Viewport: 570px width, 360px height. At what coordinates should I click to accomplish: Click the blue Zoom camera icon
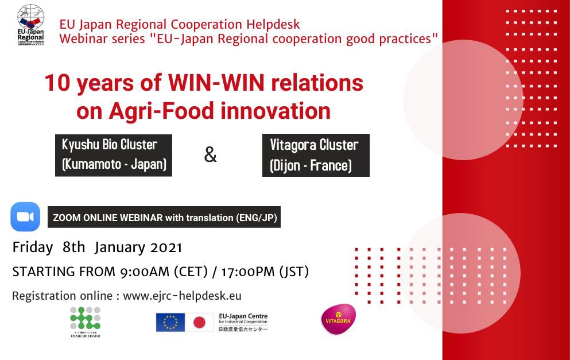25,216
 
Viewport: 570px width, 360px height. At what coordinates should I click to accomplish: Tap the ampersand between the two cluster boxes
211,154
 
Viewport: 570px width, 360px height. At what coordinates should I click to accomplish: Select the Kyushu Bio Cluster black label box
114,155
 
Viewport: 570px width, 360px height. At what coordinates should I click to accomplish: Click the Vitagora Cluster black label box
315,155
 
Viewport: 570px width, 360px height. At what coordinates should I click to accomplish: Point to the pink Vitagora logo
338,319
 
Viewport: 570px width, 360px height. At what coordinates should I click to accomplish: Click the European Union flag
170,322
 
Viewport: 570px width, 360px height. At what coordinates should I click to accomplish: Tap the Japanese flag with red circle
199,322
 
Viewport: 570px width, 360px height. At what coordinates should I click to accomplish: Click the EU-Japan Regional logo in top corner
30,26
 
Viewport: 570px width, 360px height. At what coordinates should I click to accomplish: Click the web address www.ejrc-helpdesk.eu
182,296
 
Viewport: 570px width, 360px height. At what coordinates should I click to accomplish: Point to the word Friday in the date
33,247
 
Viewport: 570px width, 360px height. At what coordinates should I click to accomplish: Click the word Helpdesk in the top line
273,24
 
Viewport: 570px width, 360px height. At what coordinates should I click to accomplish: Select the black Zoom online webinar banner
164,218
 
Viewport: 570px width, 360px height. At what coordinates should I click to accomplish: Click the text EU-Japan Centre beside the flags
243,316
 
